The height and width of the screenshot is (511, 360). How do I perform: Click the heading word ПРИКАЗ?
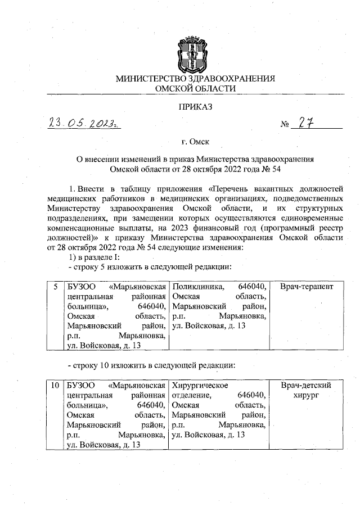195,105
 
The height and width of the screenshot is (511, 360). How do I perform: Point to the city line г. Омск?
195,142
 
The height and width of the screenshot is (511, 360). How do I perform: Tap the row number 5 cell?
55,287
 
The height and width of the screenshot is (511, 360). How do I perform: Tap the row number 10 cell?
55,386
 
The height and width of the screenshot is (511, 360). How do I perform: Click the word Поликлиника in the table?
198,287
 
